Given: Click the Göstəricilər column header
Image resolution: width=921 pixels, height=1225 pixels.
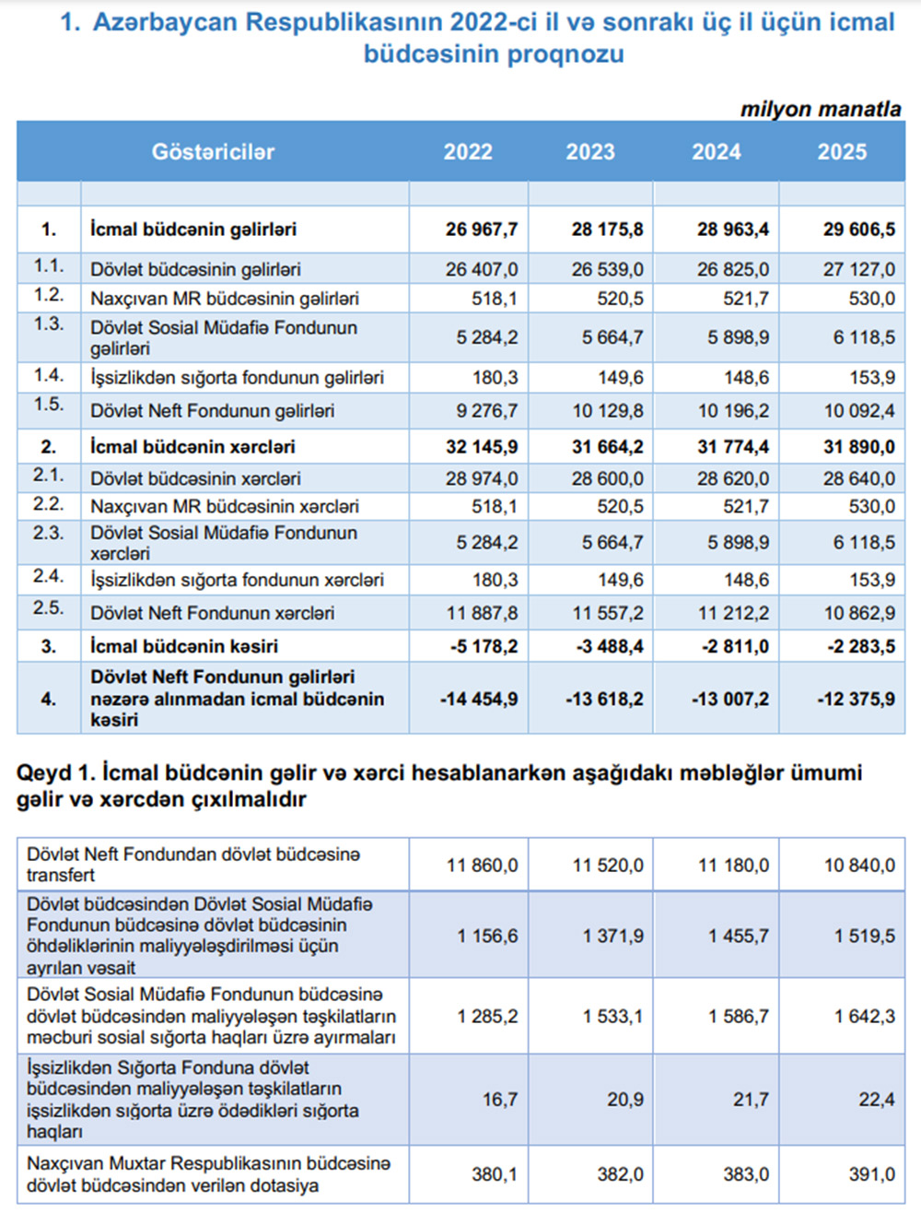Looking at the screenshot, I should coord(213,152).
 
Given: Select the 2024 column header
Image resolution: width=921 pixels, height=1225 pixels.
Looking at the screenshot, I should coord(716,152).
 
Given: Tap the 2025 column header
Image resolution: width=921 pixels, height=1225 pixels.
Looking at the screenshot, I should coord(842,152).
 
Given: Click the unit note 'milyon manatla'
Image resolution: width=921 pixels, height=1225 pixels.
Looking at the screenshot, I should coord(821,109).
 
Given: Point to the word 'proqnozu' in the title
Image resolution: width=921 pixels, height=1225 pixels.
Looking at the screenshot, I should coord(565,54).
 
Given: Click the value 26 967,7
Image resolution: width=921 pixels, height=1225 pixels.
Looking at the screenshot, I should coord(481,230).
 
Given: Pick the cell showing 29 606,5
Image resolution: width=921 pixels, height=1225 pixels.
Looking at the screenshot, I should coord(858,230).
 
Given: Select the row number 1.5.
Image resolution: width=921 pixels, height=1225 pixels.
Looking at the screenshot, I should coord(49,405).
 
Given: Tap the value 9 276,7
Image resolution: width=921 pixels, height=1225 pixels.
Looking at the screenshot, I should coord(486,411).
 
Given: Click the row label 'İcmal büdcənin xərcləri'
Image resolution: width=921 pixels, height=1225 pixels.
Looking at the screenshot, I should coord(192,447).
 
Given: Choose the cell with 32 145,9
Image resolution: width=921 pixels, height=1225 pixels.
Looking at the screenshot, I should coord(481,447).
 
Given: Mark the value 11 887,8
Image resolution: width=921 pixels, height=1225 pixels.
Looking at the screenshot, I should coord(482,613).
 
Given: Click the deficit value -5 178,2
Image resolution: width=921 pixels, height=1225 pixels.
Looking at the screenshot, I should coord(484,646).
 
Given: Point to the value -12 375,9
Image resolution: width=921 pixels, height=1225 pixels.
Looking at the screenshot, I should coord(856,699).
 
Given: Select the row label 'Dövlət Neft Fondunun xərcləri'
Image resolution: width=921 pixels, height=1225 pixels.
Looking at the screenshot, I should coord(212,613).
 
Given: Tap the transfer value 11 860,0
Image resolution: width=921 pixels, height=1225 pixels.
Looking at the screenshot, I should coord(482,866).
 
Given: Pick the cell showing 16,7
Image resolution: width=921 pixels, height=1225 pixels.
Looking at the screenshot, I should coord(500,1100).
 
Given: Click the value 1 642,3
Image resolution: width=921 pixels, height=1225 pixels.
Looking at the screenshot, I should coord(864,1017).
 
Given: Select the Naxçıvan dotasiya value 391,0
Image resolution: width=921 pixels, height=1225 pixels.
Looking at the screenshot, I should coord(871,1174).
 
